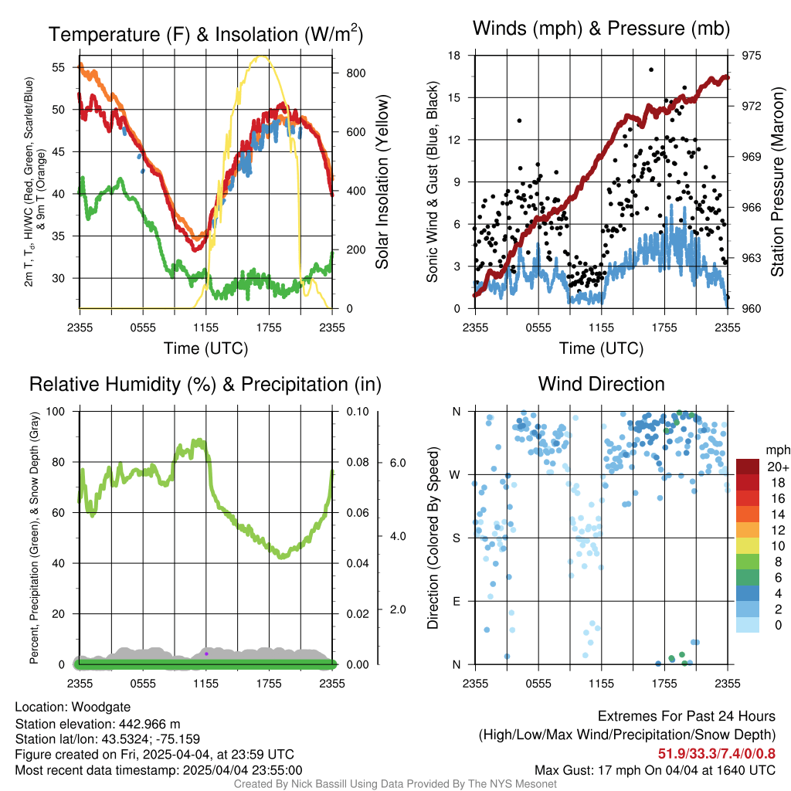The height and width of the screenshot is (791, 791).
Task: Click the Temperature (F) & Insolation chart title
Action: pos(205,34)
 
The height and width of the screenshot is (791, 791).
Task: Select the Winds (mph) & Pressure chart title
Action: pos(601,29)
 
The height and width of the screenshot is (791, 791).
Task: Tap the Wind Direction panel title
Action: pos(601,384)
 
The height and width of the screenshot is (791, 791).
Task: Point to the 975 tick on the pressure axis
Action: pos(751,56)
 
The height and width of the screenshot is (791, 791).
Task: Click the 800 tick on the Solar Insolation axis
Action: pos(355,73)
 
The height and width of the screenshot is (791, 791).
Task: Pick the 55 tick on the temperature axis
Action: pos(59,68)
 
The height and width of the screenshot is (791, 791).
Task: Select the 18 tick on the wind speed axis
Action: pos(454,56)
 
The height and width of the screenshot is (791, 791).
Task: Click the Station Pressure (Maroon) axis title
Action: pos(777,182)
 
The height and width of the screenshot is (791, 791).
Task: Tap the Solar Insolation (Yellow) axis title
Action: pos(382,182)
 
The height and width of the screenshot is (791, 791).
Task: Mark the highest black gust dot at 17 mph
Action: pos(651,70)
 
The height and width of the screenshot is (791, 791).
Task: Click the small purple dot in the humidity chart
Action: pos(206,654)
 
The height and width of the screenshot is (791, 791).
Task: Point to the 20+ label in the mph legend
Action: pos(778,467)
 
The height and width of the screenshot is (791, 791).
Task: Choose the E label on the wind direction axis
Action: pos(456,601)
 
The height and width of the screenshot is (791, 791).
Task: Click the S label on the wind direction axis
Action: pos(456,538)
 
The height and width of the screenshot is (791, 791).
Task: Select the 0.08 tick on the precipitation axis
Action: pos(358,462)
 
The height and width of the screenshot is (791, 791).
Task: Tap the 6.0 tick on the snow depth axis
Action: pos(398,463)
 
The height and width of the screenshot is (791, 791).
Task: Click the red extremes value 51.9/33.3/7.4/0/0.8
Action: pos(716,754)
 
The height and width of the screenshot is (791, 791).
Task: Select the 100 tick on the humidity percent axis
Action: pos(56,412)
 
